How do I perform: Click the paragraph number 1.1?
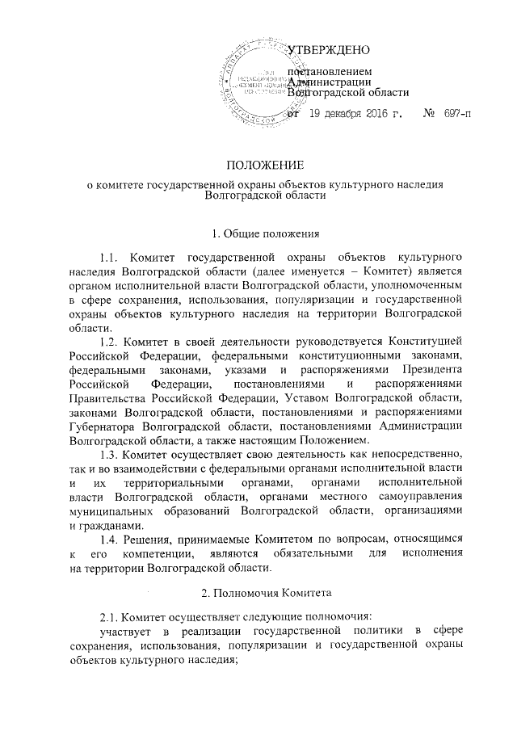(x=110, y=258)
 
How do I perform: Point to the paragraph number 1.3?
(x=110, y=455)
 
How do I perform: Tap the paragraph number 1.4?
(x=110, y=540)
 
